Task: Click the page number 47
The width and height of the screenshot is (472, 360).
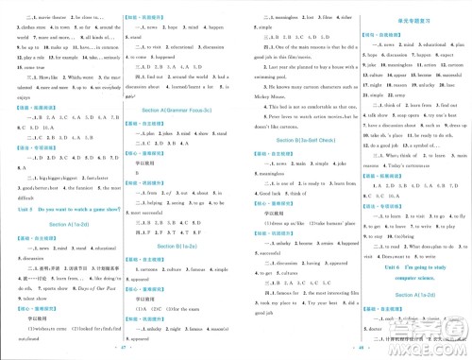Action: tap(118, 351)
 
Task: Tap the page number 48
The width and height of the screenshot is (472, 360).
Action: tap(353, 351)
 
